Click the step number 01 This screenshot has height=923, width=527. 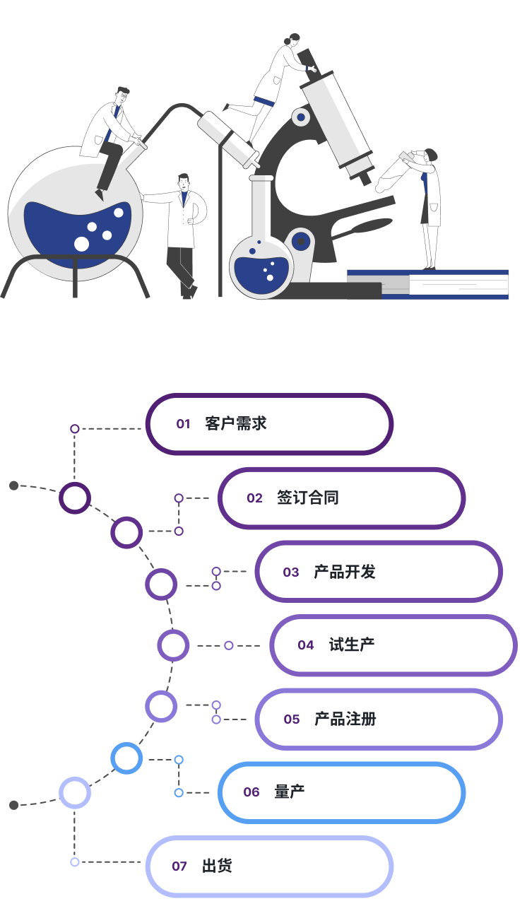tap(184, 424)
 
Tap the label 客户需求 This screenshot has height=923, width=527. tap(236, 424)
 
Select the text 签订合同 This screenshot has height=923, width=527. tap(308, 498)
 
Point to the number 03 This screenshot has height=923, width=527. tap(291, 572)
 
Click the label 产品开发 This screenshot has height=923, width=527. tap(345, 572)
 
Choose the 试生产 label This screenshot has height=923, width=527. tap(352, 645)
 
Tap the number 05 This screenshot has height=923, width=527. tap(292, 719)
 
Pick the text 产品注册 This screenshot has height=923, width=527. tap(345, 719)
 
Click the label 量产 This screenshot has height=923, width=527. tap(290, 792)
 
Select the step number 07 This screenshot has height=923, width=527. tap(179, 866)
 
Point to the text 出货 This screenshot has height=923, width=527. tap(217, 866)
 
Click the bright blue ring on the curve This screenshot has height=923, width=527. tap(126, 759)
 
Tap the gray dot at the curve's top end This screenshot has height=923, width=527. tap(13, 486)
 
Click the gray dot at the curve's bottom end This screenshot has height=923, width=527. tap(13, 805)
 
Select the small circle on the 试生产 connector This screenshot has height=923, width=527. tap(229, 645)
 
